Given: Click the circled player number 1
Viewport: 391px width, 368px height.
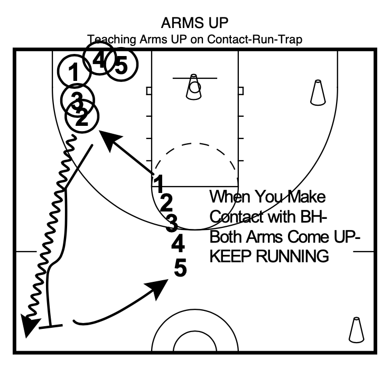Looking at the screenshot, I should coord(75,72).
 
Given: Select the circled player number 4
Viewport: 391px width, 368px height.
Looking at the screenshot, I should coord(99,60).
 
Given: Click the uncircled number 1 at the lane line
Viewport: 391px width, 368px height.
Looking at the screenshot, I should coord(157,182).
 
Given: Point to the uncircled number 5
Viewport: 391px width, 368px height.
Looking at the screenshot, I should coord(180,268).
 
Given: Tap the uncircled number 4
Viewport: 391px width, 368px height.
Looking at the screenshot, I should coord(179,244).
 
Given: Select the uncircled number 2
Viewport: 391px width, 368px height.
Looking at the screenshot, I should coord(166,202).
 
